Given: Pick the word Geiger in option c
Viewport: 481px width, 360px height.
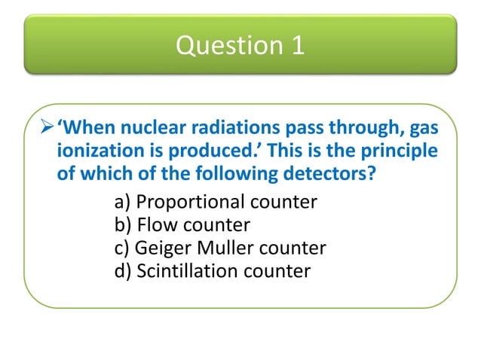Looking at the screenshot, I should point(164,248).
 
